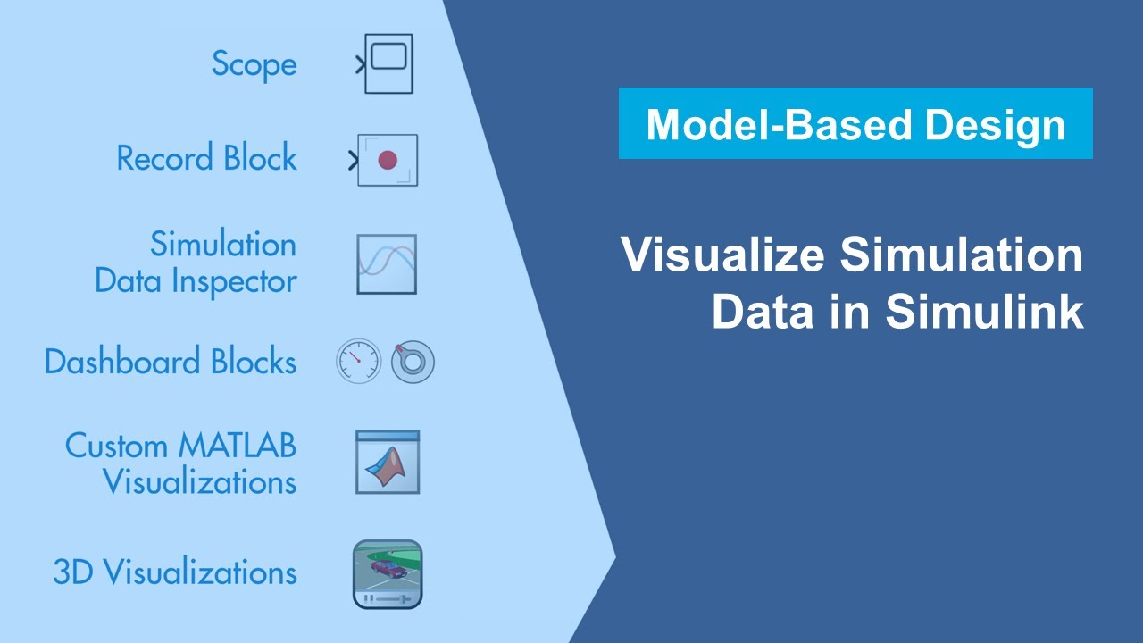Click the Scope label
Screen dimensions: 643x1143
(254, 64)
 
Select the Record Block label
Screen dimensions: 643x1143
(206, 158)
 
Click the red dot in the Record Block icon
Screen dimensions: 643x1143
(388, 160)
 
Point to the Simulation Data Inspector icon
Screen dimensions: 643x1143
(387, 264)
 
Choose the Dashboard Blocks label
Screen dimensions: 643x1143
(170, 362)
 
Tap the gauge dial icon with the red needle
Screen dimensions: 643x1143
(358, 362)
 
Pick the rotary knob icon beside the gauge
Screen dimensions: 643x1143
(413, 362)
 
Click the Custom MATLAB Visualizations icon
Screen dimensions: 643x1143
(387, 462)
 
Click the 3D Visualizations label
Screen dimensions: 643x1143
(175, 572)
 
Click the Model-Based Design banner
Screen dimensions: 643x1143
(855, 123)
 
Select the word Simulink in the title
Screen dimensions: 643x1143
(985, 312)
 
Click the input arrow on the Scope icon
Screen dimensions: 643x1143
(360, 64)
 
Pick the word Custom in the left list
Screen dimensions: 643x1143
(116, 445)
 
